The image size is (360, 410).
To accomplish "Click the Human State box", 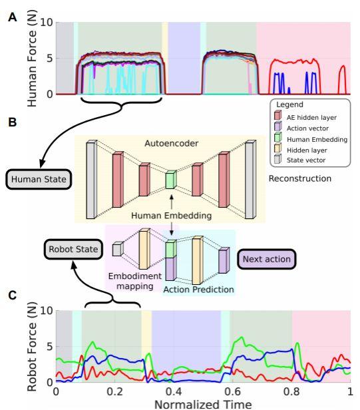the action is coord(39,180).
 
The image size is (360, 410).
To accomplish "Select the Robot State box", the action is coord(73,249).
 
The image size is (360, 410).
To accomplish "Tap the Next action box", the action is coord(267,259).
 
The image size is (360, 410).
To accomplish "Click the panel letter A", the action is coord(12,17).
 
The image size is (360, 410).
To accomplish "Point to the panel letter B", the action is coord(12,122).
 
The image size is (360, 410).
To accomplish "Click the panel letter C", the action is coord(12,296).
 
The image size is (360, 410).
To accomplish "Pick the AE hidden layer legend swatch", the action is coord(278,115).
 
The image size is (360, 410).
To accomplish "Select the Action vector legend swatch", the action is coord(278,126).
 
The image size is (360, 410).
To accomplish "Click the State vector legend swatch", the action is coord(278,158).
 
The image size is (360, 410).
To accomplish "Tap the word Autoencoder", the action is coord(172,143).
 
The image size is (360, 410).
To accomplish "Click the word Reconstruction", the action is coord(300,178).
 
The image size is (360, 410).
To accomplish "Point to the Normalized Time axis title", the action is coord(203,404).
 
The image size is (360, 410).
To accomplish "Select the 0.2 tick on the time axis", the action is coord(114,391).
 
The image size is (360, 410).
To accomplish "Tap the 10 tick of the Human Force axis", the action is coord(47,23).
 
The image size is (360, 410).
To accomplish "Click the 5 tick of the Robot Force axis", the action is coord(50,347).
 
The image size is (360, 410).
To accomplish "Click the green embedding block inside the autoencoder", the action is coord(171,180).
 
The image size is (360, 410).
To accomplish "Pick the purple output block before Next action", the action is coord(224,260).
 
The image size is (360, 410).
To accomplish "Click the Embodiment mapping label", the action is coord(134,281).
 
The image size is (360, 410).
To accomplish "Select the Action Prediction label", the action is coord(199,290).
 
